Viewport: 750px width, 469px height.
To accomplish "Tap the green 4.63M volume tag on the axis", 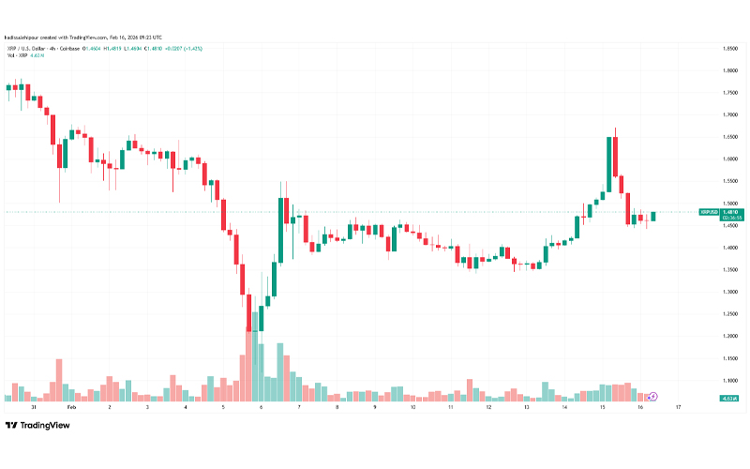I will [x=728, y=399].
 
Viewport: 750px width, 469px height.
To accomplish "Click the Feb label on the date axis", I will [x=71, y=408].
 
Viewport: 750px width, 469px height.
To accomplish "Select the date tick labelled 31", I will [x=33, y=408].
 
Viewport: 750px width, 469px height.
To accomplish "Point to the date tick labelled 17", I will [x=677, y=408].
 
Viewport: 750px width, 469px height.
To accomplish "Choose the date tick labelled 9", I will [x=374, y=408].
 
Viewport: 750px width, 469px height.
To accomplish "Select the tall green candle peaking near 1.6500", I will [x=610, y=164].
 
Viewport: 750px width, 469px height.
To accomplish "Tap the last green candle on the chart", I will [x=653, y=217].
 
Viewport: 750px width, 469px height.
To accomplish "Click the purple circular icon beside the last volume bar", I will [x=652, y=398].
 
